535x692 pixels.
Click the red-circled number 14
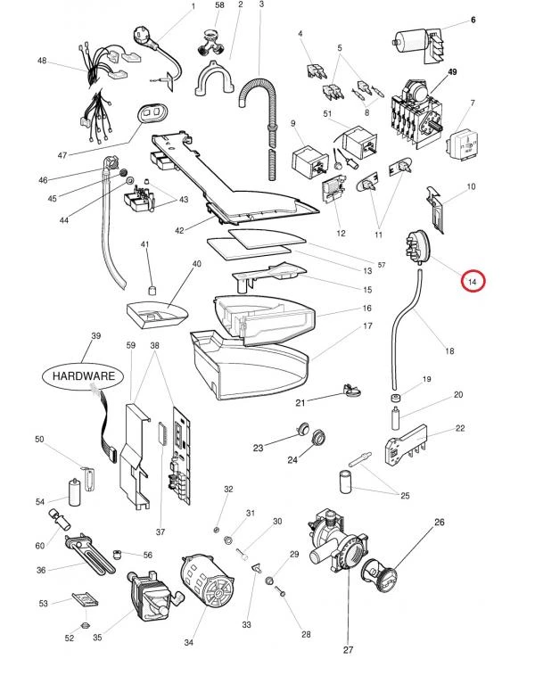473,282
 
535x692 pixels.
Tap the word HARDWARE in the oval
83,375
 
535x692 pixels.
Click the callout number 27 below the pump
347,673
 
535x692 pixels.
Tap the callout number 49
452,72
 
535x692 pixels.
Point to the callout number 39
96,336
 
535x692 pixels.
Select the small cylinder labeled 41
152,292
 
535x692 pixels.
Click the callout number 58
219,5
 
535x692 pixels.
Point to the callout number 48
42,61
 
